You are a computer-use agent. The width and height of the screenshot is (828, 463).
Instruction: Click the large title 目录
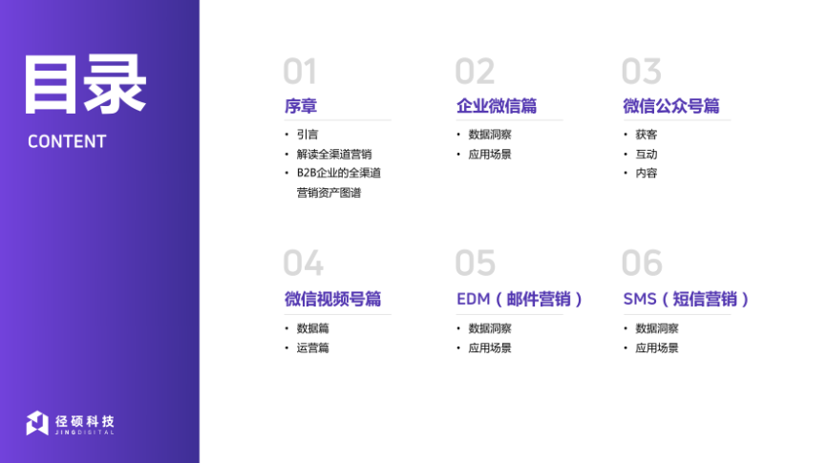[85, 84]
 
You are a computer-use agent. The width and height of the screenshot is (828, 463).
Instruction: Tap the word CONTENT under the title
[67, 141]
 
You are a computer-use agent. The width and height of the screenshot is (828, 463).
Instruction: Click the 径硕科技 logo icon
[37, 423]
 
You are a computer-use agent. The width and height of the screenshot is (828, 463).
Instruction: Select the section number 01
[300, 72]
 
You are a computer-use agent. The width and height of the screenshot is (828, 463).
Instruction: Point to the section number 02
[475, 72]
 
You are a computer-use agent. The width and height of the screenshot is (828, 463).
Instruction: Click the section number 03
[641, 72]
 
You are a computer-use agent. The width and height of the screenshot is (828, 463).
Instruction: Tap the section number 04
[303, 263]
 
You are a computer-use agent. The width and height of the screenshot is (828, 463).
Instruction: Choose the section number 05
[476, 263]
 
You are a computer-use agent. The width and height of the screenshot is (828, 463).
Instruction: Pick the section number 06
[642, 263]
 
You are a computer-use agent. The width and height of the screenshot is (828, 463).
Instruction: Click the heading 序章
[301, 106]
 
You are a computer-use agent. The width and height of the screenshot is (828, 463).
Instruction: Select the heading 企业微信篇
[497, 106]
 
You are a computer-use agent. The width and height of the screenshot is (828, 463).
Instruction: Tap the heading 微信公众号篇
[671, 106]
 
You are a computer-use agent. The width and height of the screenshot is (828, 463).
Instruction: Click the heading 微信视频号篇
[332, 300]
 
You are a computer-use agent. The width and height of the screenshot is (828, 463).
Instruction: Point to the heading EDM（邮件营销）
[520, 300]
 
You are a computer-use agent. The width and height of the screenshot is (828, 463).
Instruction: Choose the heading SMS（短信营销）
[686, 300]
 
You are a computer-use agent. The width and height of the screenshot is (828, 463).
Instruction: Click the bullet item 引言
[308, 135]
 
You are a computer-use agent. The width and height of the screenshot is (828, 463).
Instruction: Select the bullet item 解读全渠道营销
[334, 154]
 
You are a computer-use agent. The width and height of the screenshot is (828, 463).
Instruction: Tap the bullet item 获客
[647, 135]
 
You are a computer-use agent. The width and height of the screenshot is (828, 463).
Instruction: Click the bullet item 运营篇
[312, 347]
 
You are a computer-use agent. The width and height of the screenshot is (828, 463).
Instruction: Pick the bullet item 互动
[647, 154]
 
